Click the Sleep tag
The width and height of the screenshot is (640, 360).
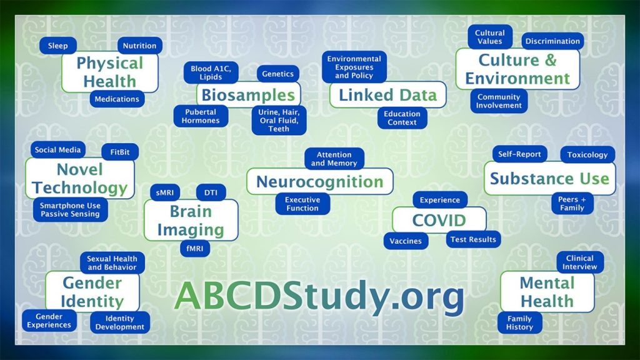coord(58,46)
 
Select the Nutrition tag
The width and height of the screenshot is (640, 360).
coord(139,46)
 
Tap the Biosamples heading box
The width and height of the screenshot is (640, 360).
coord(248,95)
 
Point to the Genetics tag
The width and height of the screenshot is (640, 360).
coord(277,74)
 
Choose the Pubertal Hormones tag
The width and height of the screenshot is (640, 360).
coord(201,116)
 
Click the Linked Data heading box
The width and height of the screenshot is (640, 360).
coord(387,95)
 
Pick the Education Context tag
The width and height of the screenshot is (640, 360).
coord(402,118)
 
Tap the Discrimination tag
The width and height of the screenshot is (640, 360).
coord(552,41)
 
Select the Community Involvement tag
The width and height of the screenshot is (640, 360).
coord(499,101)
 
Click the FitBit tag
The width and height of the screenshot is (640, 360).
coord(120,151)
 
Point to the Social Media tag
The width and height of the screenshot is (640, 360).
coord(58,150)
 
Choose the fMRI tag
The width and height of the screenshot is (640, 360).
coord(192,248)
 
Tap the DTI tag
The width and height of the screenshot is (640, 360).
coord(211,192)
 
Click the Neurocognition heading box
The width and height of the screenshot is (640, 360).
coord(319,182)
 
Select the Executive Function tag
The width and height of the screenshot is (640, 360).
coord(302,204)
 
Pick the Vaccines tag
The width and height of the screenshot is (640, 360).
coord(406,241)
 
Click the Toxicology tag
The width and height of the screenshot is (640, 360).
coord(587,154)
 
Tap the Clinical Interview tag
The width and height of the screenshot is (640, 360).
coord(580,262)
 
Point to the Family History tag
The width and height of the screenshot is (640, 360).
coord(519,322)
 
